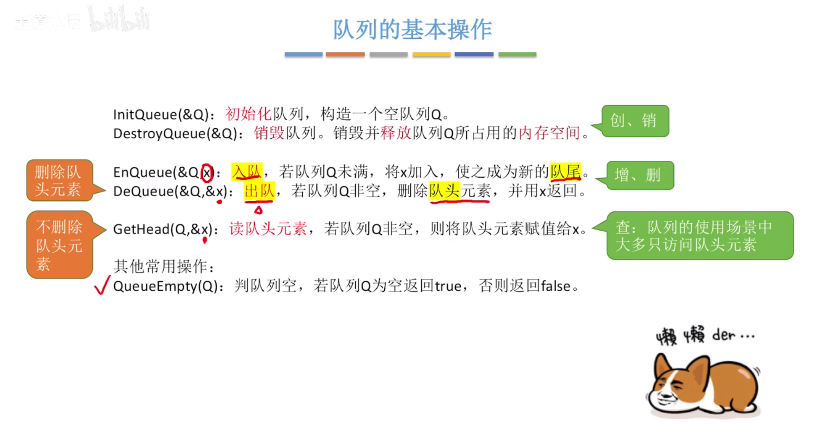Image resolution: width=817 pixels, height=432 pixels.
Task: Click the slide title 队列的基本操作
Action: (x=412, y=30)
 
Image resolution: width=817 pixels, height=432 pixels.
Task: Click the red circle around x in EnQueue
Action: (x=207, y=173)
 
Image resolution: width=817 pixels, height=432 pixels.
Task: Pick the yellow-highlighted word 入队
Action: (x=247, y=171)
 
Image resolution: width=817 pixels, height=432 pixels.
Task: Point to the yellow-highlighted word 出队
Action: (x=259, y=191)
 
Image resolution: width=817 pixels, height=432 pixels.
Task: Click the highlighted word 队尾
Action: (x=565, y=171)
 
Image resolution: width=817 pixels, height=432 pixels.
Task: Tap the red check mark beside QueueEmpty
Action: (x=102, y=285)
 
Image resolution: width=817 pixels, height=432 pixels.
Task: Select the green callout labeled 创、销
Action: (x=635, y=121)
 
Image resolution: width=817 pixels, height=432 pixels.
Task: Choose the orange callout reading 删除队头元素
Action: (x=59, y=181)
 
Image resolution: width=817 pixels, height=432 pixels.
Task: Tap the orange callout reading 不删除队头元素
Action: (x=59, y=245)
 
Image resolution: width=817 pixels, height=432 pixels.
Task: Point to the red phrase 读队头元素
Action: (x=268, y=229)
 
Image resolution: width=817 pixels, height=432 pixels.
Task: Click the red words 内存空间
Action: (x=549, y=133)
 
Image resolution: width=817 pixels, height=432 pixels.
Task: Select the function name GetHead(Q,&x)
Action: (x=162, y=229)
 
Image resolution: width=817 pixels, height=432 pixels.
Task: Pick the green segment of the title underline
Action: (x=517, y=55)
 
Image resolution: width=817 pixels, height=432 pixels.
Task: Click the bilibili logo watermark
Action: (x=119, y=19)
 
